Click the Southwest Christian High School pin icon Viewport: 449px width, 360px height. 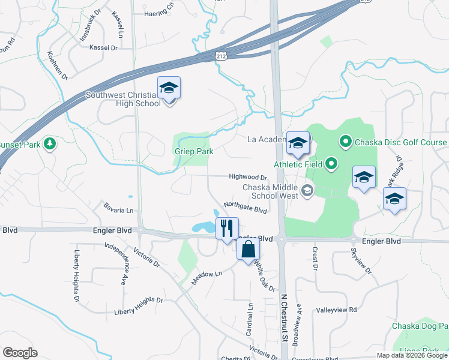pos(169,88)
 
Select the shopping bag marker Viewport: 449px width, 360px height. pos(249,248)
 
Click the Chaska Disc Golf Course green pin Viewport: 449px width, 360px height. pos(345,142)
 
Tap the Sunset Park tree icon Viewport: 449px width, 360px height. pos(51,144)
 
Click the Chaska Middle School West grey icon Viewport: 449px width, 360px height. pos(307,191)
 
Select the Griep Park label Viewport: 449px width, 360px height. pos(194,152)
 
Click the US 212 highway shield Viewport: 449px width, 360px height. pos(222,56)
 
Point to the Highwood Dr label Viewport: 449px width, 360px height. pos(247,178)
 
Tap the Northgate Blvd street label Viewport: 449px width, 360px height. pos(245,207)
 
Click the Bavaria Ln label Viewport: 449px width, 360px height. pos(118,211)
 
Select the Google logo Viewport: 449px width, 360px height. pos(20,353)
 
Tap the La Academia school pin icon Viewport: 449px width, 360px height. pos(298,143)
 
